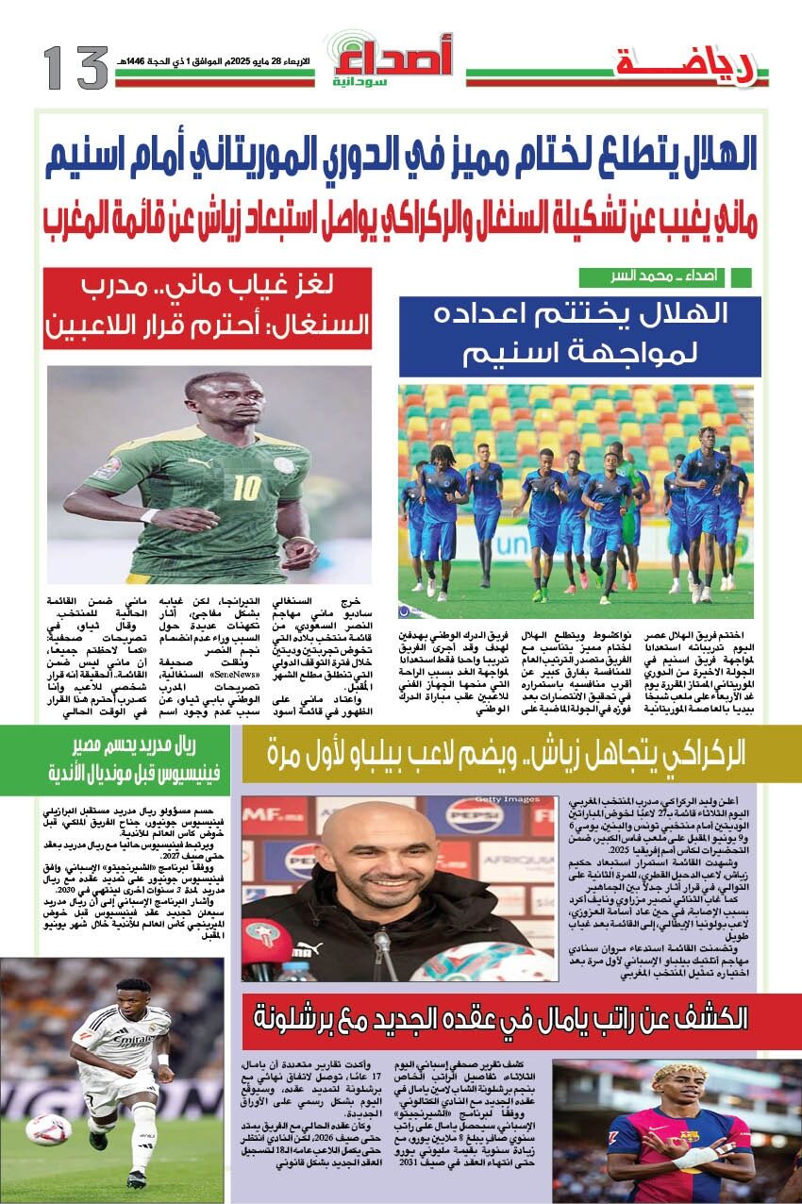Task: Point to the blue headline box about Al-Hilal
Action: coord(579,336)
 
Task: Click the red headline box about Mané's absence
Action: coord(208,309)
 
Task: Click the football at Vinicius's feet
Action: coord(47,1129)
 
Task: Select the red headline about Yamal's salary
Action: coord(499,1020)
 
